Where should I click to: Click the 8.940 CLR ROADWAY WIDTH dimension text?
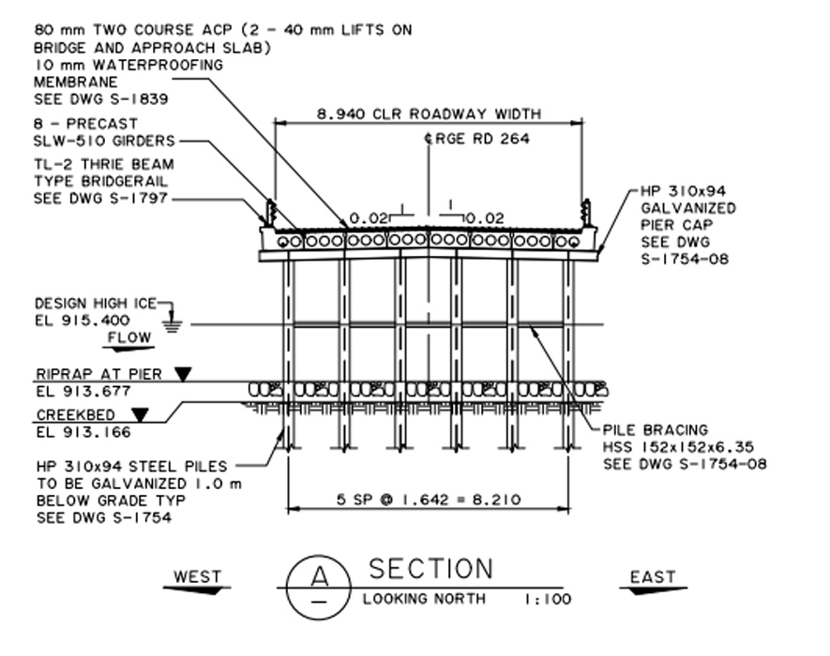(429, 113)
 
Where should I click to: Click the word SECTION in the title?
(430, 569)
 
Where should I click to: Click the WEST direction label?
(197, 576)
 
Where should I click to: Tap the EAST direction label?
(653, 576)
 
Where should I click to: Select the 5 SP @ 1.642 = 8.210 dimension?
(430, 500)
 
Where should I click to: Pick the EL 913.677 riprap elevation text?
(82, 391)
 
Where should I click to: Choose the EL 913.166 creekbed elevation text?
(83, 432)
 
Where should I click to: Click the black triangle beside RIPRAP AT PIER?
(182, 374)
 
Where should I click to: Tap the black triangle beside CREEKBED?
(140, 413)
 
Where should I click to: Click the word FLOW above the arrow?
(129, 336)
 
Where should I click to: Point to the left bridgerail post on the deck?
(270, 214)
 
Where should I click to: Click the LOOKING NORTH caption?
(424, 599)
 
